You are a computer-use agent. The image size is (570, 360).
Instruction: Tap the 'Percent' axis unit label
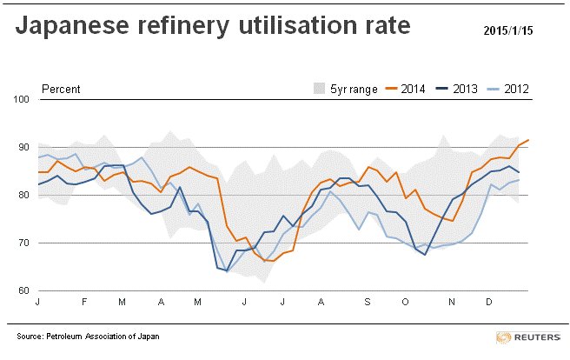(x=61, y=89)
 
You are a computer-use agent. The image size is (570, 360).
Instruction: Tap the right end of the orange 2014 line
(x=529, y=140)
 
